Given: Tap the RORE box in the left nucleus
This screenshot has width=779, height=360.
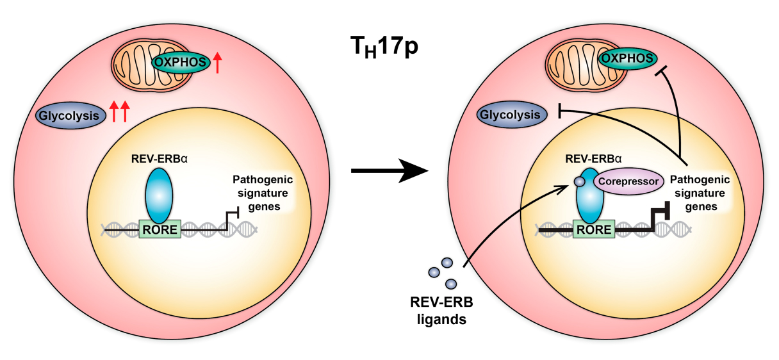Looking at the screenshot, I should tap(160, 228).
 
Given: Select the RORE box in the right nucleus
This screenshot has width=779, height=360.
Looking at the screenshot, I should tap(593, 228).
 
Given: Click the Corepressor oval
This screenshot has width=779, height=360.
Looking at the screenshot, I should tap(630, 182).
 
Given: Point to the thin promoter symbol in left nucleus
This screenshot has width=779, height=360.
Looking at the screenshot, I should tap(232, 217).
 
